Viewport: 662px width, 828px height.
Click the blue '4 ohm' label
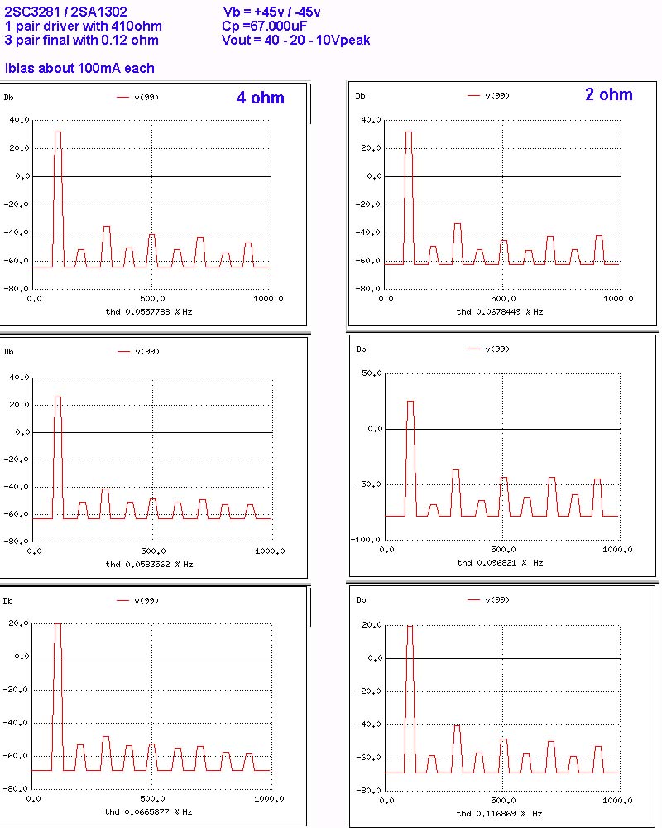(x=260, y=98)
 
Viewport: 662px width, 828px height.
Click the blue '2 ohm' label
(x=608, y=94)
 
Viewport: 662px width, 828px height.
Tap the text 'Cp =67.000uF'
(x=265, y=26)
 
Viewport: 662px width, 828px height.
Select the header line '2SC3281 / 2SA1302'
(x=65, y=12)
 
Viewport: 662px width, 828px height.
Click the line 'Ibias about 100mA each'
(x=79, y=68)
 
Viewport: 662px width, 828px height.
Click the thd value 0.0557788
(x=145, y=311)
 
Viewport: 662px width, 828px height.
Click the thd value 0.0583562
(x=145, y=564)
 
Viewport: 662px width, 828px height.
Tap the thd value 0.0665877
(x=145, y=812)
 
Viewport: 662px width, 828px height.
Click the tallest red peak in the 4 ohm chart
(x=58, y=132)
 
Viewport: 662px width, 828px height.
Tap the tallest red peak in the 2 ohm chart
(x=409, y=132)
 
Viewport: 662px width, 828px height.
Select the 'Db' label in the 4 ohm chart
(x=10, y=98)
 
